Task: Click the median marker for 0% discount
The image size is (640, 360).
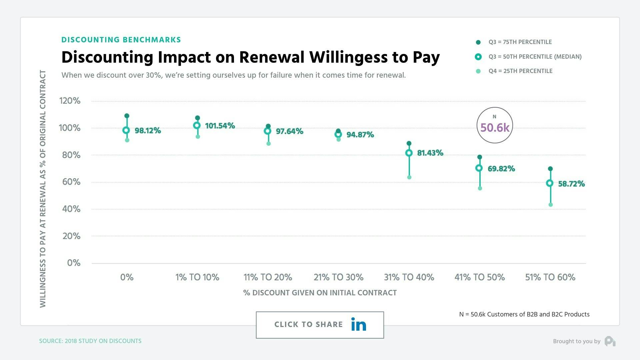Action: tap(126, 130)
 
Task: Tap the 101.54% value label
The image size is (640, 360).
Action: tap(220, 126)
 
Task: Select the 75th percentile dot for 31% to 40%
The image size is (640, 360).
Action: tap(409, 144)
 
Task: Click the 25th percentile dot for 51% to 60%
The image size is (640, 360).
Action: tap(551, 205)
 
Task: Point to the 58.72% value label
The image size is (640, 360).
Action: tap(571, 184)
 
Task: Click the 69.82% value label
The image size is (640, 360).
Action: tap(501, 169)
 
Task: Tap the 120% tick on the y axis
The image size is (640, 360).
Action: tap(70, 101)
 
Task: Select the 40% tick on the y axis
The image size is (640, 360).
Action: tap(71, 209)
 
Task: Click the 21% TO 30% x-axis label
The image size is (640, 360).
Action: tap(338, 277)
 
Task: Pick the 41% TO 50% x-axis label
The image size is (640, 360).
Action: tap(479, 277)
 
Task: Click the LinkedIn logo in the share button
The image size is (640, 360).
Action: tap(359, 325)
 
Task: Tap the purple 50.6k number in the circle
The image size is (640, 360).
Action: tap(495, 128)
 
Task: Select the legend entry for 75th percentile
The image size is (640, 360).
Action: tap(520, 42)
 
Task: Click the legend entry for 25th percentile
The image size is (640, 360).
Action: tap(520, 71)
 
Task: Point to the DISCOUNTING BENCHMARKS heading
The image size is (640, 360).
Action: tap(121, 40)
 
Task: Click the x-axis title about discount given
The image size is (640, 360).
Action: tap(320, 293)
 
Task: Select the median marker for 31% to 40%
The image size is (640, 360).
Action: tap(409, 153)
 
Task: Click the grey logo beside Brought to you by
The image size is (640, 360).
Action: tap(610, 341)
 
